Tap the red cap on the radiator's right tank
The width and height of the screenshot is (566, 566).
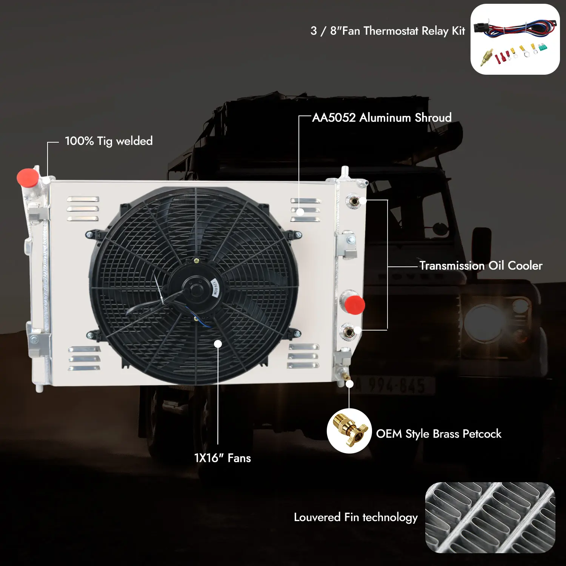(354, 305)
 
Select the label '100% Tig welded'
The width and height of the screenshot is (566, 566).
(109, 141)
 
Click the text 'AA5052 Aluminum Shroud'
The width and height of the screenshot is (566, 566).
(382, 117)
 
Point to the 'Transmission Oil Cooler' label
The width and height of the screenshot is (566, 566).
(481, 265)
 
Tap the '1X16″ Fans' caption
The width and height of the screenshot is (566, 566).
(222, 458)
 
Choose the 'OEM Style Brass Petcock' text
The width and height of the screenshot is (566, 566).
(438, 434)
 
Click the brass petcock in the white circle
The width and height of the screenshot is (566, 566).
(349, 431)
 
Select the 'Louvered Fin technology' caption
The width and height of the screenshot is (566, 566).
(355, 517)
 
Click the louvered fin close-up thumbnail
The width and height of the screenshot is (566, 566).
(490, 518)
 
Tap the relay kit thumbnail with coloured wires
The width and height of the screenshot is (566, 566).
(515, 39)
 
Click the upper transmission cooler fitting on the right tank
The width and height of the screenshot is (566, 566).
(354, 201)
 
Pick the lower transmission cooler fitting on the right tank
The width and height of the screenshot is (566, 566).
(348, 332)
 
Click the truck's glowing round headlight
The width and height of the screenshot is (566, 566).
(484, 321)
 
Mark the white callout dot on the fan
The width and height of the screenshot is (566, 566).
(218, 344)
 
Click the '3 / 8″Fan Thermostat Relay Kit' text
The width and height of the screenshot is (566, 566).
(388, 31)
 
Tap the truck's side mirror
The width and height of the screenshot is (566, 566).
(482, 241)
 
